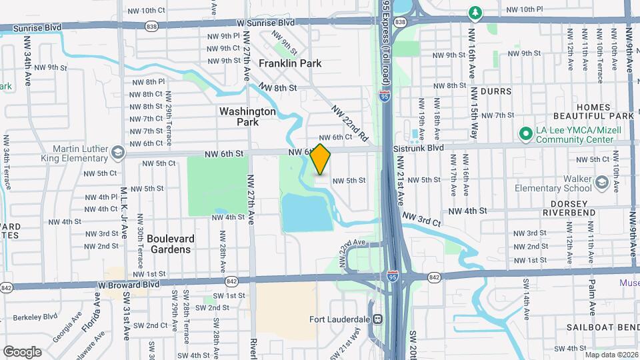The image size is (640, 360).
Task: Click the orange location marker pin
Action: [x=321, y=159]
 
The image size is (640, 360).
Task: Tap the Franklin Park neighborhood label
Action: [x=290, y=63]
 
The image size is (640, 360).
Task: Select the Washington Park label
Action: [x=247, y=117]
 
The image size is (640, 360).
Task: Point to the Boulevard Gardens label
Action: [x=169, y=244]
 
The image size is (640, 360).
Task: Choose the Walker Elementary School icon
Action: [x=602, y=183]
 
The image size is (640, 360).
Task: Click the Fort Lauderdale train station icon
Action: [x=378, y=319]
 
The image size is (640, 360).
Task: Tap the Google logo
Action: [x=22, y=351]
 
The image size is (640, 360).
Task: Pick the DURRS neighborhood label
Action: [x=494, y=91]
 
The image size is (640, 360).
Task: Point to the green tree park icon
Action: [x=475, y=13]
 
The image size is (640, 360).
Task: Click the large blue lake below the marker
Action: [x=307, y=212]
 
